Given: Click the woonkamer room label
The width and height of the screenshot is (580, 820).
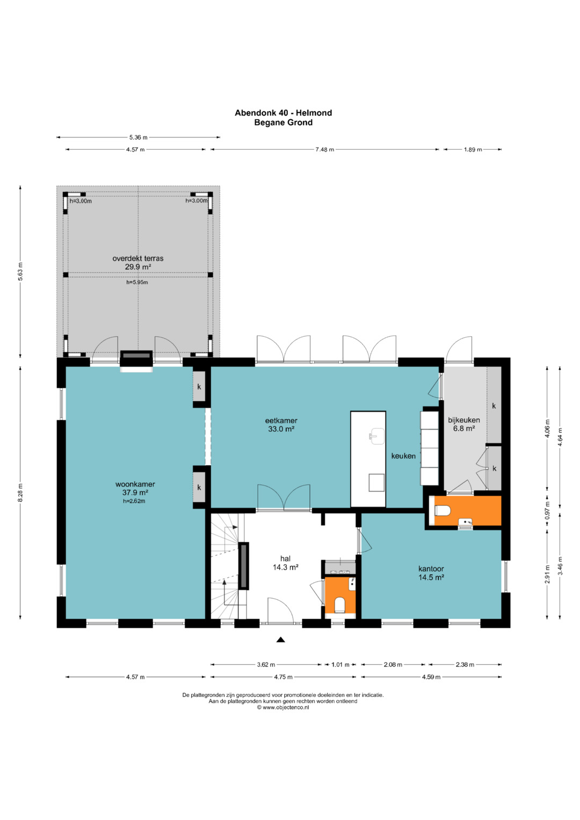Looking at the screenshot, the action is click(135, 484).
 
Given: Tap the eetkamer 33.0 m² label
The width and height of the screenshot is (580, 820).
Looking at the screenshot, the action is click(281, 425).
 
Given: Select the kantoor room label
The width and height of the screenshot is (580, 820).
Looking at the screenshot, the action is click(431, 569).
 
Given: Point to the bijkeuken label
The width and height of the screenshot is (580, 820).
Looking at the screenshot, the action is click(464, 420).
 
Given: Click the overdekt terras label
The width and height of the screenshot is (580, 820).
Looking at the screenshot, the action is click(137, 258).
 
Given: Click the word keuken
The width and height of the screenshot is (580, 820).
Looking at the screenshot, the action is click(403, 456).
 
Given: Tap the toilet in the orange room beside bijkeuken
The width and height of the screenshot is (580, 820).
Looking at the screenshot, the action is click(443, 510).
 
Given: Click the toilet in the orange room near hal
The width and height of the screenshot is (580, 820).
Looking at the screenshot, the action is click(340, 605).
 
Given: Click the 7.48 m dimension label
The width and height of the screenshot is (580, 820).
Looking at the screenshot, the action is click(324, 149).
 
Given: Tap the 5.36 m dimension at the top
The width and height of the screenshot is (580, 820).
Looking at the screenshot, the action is click(138, 137).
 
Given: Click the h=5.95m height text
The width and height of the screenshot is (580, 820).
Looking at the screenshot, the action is click(137, 282).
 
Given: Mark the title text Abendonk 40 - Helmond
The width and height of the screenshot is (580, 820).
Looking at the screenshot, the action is click(284, 113).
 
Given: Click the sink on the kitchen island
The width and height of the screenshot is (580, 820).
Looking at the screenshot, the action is click(376, 436).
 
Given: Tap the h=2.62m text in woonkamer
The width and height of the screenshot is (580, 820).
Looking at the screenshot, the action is click(134, 501).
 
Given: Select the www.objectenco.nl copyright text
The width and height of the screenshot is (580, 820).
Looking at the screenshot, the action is click(282, 707).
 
